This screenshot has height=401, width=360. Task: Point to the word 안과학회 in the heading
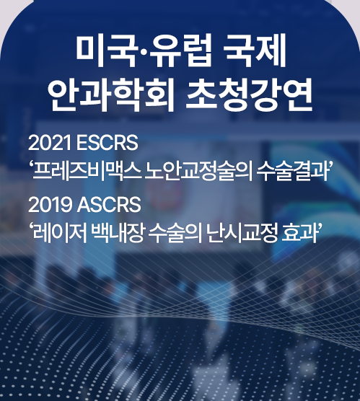click(x=110, y=94)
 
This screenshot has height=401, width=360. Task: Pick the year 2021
click(x=49, y=144)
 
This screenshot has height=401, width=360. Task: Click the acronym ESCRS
click(x=107, y=144)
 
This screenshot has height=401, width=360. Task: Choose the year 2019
click(x=50, y=205)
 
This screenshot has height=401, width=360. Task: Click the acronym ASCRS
click(x=109, y=205)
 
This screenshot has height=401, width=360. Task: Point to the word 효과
click(x=298, y=233)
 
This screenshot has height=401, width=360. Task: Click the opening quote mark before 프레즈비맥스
click(x=31, y=166)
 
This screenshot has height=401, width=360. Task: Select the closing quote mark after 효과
click(x=317, y=228)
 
